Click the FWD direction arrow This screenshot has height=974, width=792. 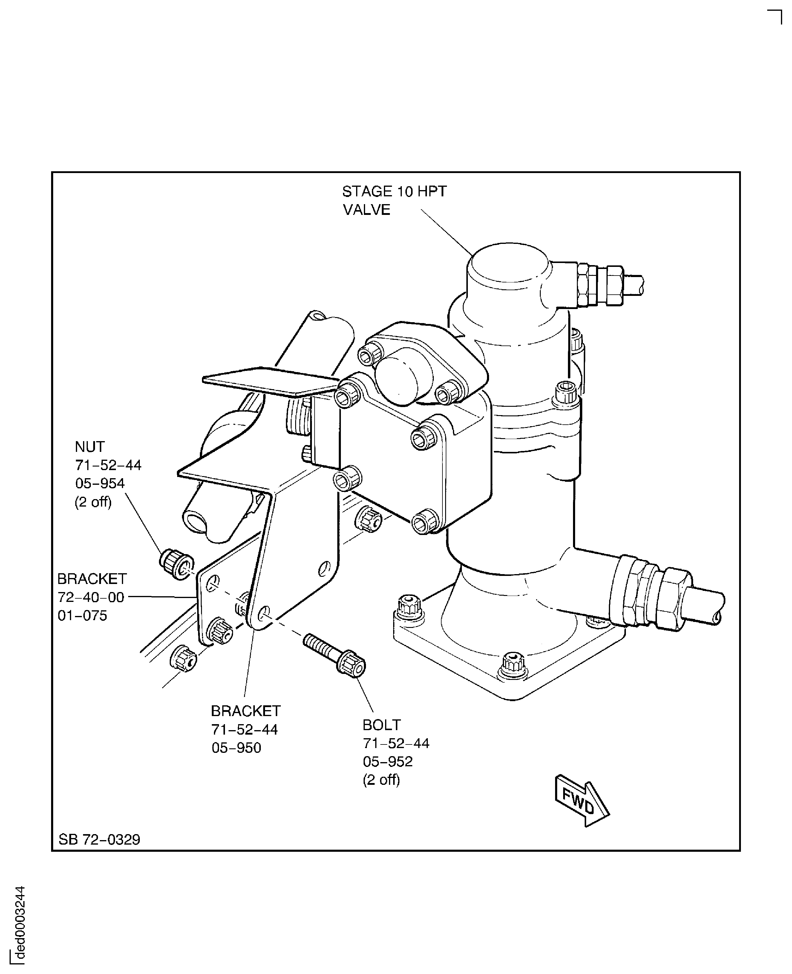point(582,801)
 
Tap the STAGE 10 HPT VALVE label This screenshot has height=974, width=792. point(394,200)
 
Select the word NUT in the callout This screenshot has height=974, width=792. point(90,447)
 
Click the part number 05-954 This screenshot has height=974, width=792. point(100,483)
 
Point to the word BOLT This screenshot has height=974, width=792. point(382,725)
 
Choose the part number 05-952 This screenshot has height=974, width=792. point(388,761)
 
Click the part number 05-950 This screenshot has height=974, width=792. point(236,748)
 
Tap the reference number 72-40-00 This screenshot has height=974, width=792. point(91,597)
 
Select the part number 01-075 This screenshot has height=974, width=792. point(82,615)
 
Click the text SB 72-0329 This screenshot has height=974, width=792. point(99,839)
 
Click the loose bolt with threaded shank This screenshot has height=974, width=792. point(334,654)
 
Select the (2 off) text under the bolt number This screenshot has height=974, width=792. point(382,779)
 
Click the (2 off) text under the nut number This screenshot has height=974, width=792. point(93,502)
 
